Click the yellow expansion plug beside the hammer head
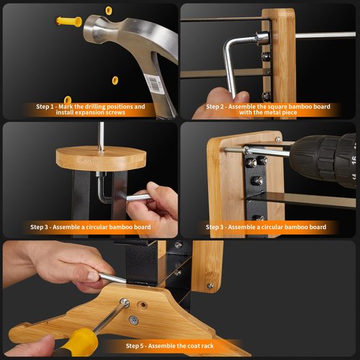tap(69, 22)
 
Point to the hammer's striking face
tap(88, 28)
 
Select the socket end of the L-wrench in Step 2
tap(262, 38)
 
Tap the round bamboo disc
tap(101, 158)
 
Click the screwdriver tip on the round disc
tap(101, 148)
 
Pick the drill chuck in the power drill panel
tap(324, 161)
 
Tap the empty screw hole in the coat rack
tap(142, 305)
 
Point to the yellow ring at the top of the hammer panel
tap(109, 11)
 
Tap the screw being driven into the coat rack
tap(125, 303)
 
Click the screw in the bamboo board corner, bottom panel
tap(210, 286)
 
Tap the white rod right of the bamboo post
tap(325, 35)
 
